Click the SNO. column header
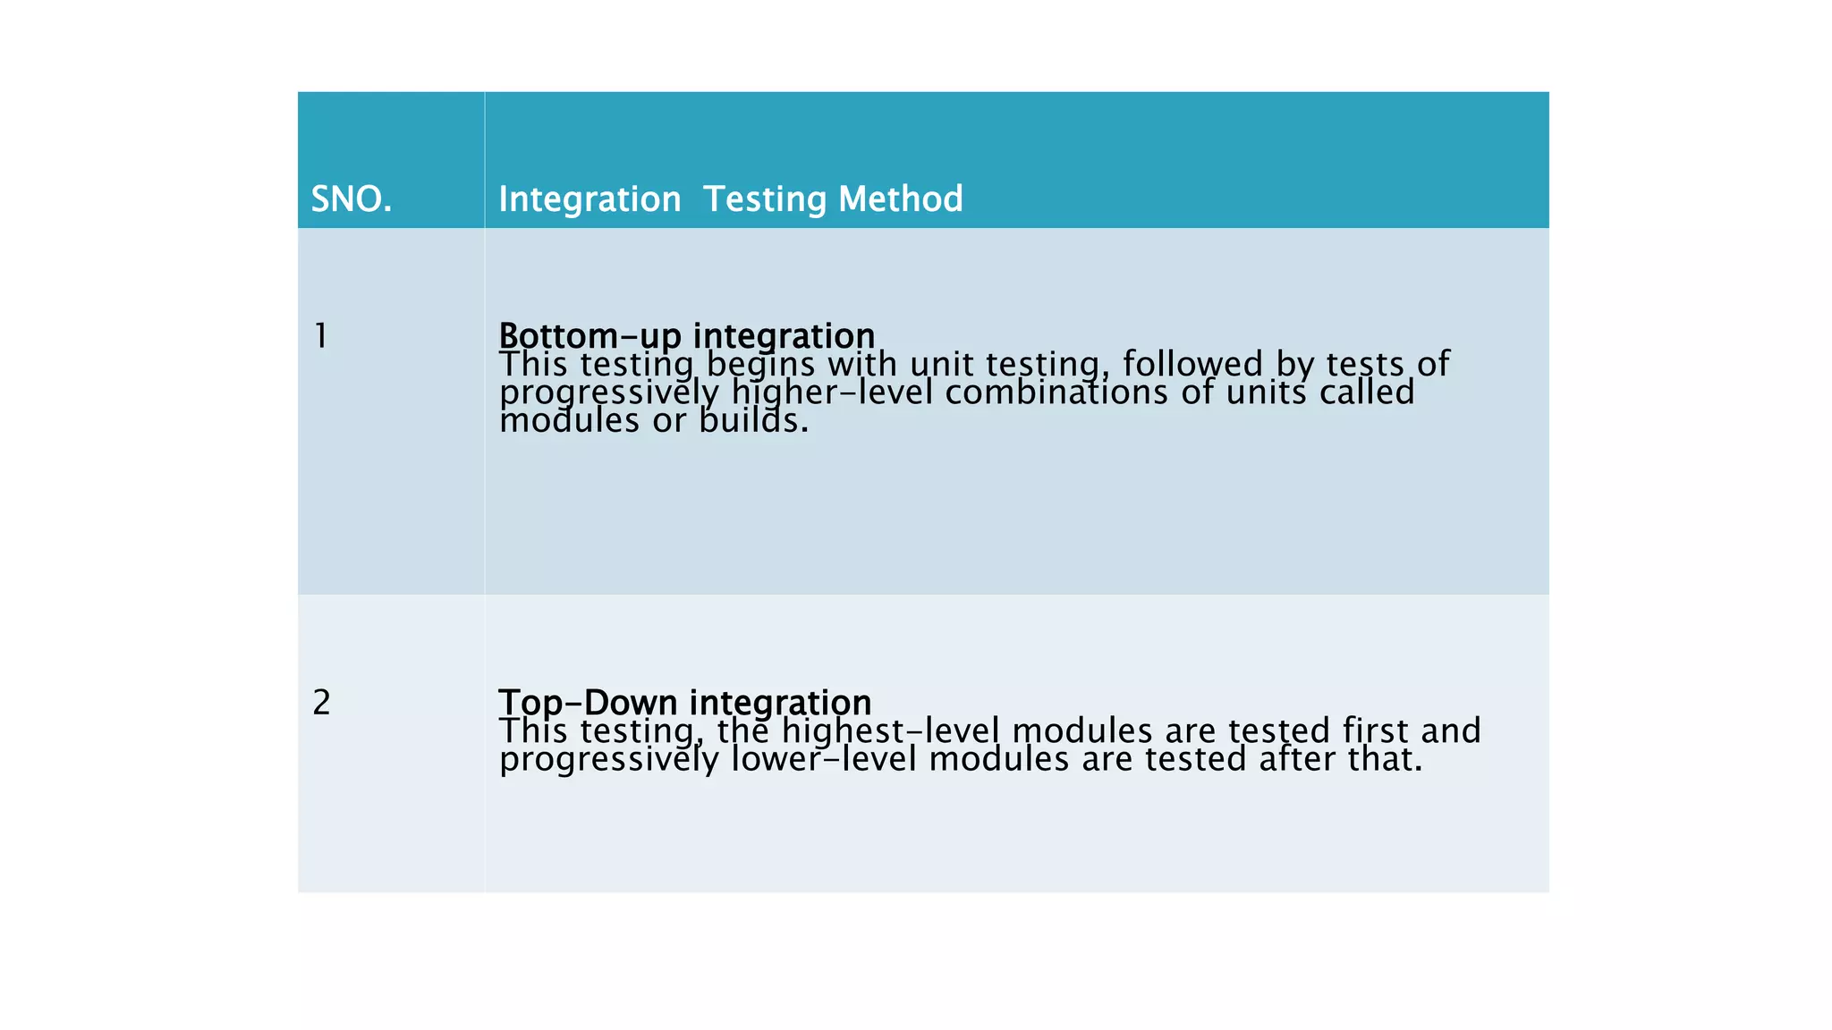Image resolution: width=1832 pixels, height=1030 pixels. [x=351, y=198]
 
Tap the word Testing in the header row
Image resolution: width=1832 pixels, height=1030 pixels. [x=765, y=198]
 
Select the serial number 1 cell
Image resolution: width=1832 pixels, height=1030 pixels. [x=320, y=336]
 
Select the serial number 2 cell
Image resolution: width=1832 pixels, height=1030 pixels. [x=321, y=703]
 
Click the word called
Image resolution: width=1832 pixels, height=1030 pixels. [x=1366, y=393]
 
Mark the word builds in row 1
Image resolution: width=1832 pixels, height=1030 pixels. [x=752, y=420]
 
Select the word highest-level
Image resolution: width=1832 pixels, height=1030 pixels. [x=890, y=731]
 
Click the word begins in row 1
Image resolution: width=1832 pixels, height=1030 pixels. [x=760, y=365]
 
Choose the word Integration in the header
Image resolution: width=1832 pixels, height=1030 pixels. [x=589, y=198]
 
